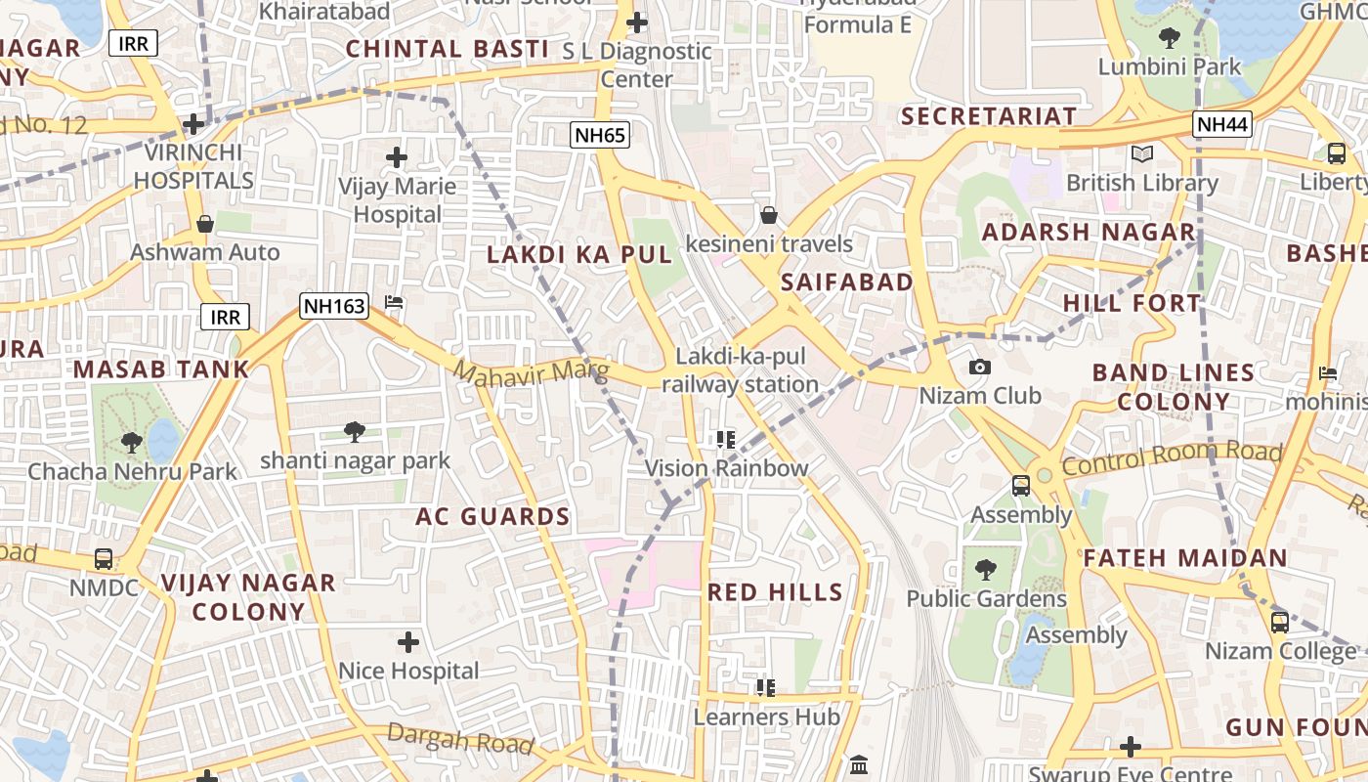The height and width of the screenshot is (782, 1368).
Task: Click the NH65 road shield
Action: pos(600,135)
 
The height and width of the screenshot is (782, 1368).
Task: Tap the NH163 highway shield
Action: pos(334,306)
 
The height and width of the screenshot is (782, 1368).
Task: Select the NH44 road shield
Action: pos(1221,124)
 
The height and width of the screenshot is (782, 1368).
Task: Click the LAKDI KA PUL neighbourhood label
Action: pos(580,255)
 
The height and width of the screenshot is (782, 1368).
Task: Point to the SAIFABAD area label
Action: pos(847,282)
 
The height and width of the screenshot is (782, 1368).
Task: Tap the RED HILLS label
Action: pos(775,591)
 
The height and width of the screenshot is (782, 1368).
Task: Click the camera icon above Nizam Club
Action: pos(979,367)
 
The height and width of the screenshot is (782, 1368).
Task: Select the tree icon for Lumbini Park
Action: pos(1169,38)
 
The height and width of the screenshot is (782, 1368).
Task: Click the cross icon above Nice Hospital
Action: pos(408,642)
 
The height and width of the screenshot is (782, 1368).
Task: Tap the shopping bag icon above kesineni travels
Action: pos(769,214)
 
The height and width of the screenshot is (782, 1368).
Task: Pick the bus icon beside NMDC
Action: pos(104,559)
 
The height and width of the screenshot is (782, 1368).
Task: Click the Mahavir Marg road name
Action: pos(531,372)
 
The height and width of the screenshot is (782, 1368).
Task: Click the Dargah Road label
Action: pos(460,739)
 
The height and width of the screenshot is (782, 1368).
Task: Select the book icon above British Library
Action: pos(1141,153)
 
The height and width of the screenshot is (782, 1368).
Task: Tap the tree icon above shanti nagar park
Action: pos(355,430)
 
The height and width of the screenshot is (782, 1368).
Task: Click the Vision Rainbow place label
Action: pos(726,468)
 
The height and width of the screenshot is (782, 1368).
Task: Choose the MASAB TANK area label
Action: pos(161,369)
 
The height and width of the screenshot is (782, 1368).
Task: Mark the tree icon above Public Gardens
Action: pos(985,569)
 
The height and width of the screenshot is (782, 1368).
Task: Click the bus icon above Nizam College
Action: pos(1280,622)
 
